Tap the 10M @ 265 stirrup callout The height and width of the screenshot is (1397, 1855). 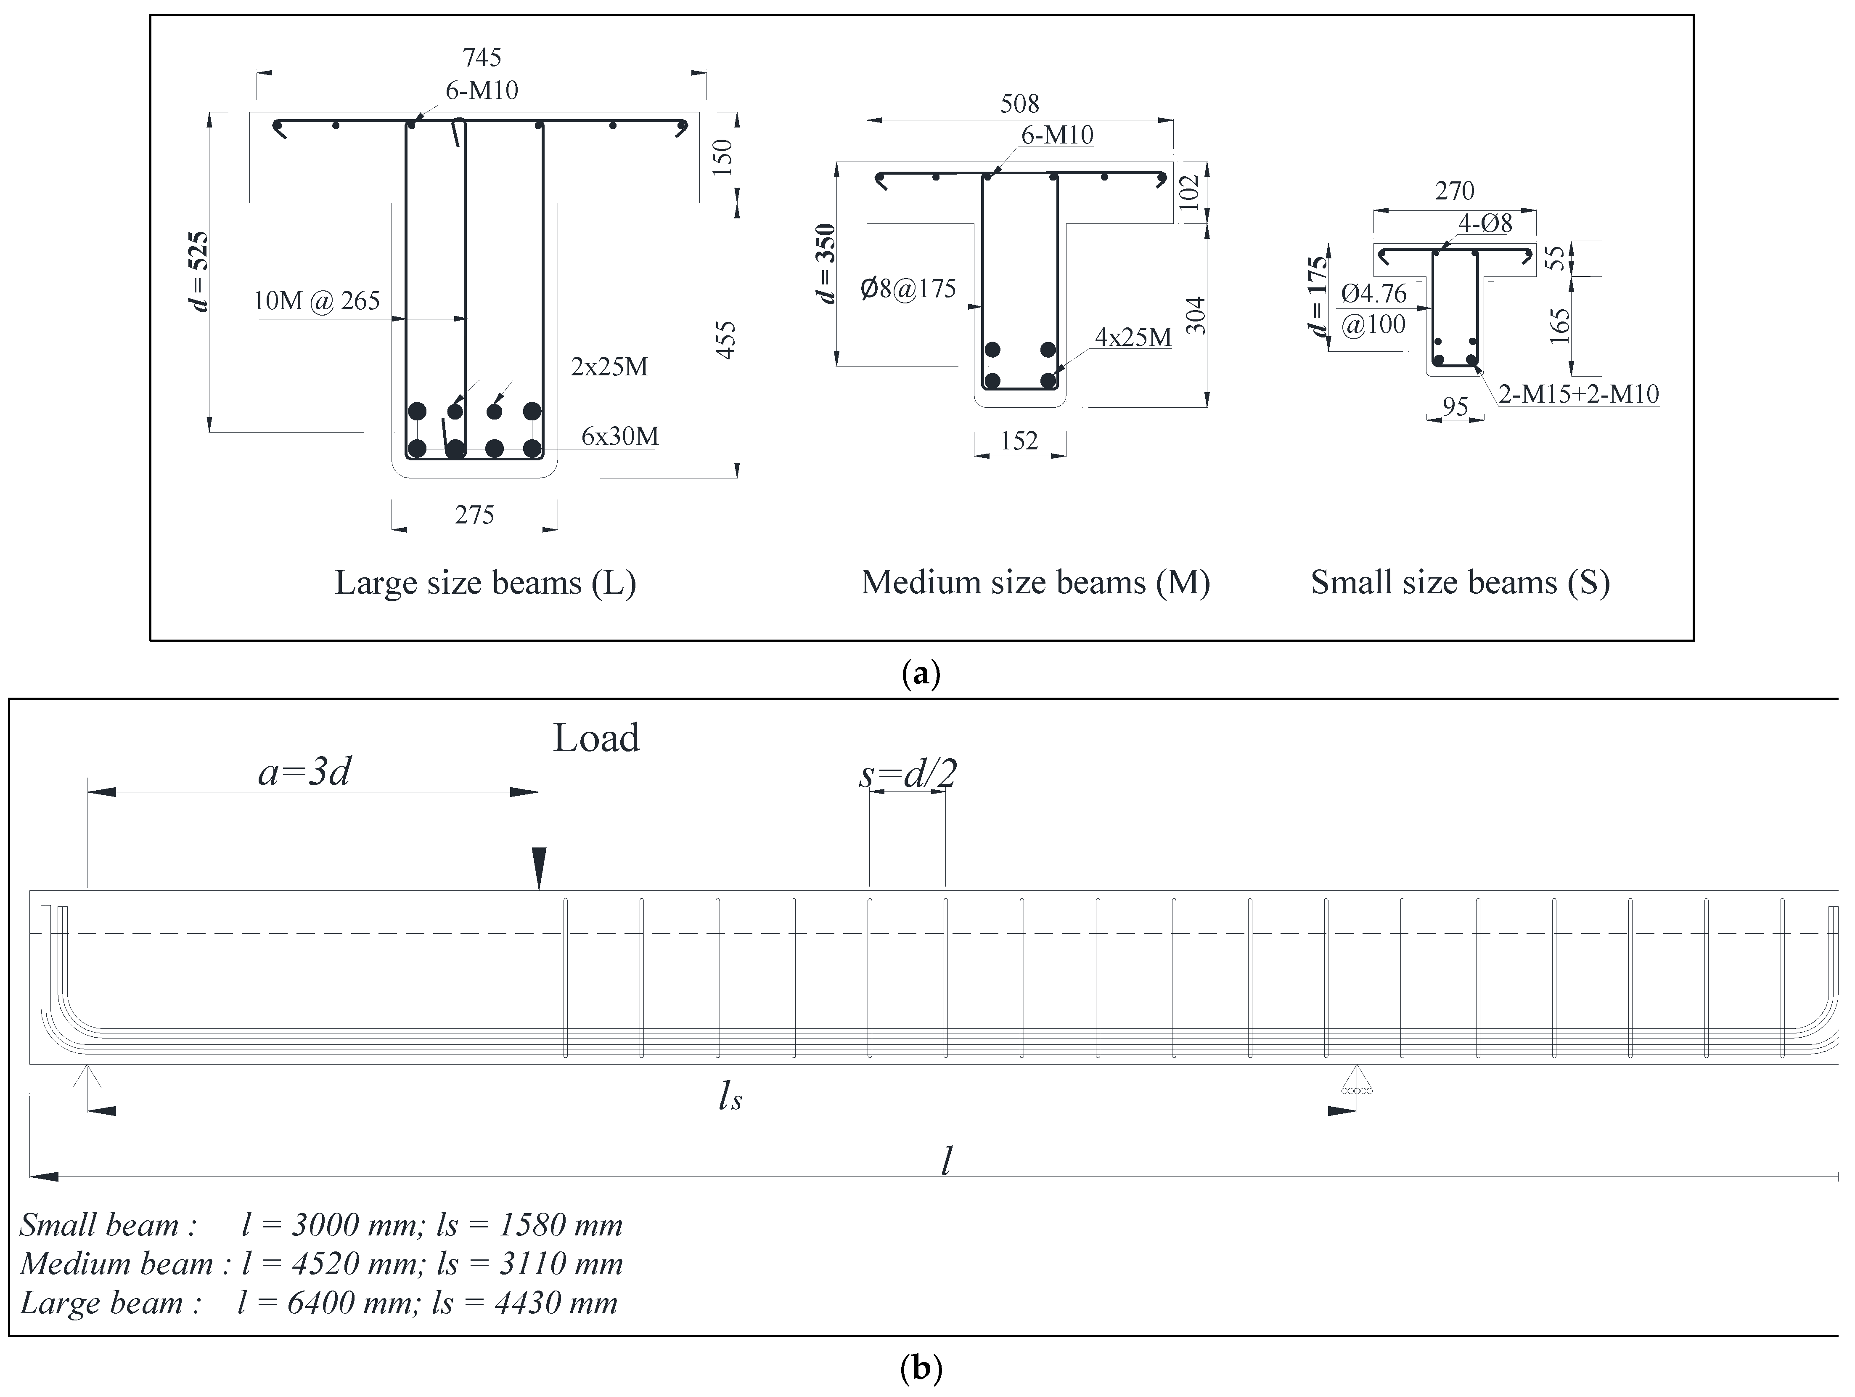click(x=317, y=300)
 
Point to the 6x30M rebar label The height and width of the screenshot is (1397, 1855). click(x=620, y=436)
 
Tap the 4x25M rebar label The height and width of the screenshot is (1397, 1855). click(x=1133, y=337)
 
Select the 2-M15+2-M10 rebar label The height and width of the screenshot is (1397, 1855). click(x=1578, y=393)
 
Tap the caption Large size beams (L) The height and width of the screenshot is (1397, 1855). click(x=486, y=582)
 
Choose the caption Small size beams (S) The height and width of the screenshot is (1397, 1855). click(x=1460, y=582)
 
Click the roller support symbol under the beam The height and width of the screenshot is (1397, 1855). click(x=1355, y=1081)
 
